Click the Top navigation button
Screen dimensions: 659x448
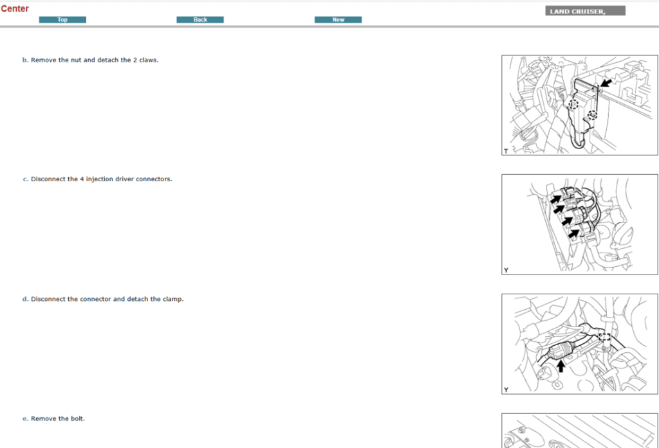click(x=62, y=20)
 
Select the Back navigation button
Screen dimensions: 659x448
click(x=200, y=20)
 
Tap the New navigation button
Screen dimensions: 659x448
click(x=338, y=20)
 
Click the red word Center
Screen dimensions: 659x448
click(x=15, y=8)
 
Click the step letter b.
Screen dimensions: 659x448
click(x=25, y=60)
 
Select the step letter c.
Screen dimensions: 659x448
click(x=25, y=179)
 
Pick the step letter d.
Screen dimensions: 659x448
click(x=25, y=299)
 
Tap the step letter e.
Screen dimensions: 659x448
click(x=25, y=418)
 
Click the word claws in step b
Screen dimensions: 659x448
click(x=148, y=60)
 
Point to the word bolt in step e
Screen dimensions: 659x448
click(x=77, y=418)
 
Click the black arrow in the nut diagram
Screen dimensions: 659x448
click(x=606, y=82)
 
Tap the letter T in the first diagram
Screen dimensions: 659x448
click(x=506, y=151)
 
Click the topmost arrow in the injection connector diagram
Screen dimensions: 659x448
click(x=556, y=198)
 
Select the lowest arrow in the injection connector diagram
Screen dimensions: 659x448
click(x=574, y=233)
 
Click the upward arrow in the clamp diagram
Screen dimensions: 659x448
click(x=561, y=366)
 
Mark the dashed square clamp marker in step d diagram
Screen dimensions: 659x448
click(x=604, y=337)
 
